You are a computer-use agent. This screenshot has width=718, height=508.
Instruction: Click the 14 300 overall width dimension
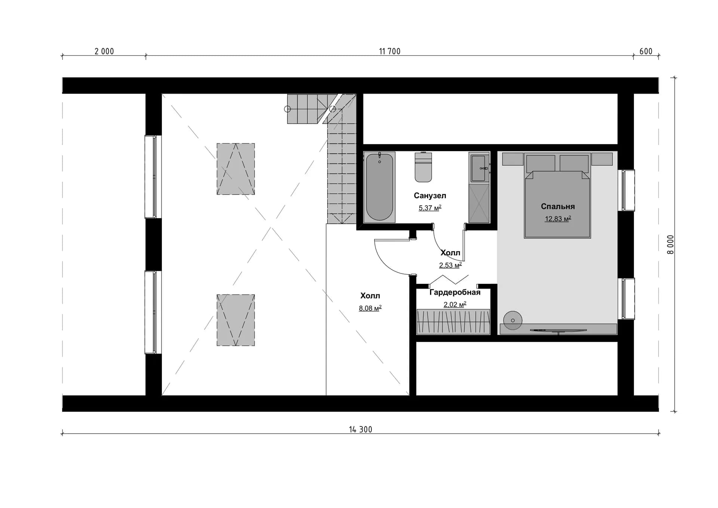point(360,429)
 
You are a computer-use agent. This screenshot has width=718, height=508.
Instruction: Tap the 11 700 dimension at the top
point(390,51)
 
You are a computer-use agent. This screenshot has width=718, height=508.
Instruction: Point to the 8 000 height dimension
point(671,245)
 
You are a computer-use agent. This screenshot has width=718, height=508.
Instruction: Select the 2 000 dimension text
point(104,51)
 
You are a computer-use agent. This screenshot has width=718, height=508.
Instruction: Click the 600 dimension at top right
point(646,51)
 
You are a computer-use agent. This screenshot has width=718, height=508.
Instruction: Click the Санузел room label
point(430,195)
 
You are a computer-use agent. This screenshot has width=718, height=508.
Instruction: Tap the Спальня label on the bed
point(558,206)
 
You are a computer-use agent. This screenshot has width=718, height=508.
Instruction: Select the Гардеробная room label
point(455,292)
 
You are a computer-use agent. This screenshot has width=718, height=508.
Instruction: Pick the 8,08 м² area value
point(370,308)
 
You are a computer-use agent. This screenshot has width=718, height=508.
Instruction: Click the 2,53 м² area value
point(450,265)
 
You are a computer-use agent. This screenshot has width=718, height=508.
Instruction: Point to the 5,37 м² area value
point(430,208)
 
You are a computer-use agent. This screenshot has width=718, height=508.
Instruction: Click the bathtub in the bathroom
point(379,187)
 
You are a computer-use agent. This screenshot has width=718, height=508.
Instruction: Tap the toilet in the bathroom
point(423,167)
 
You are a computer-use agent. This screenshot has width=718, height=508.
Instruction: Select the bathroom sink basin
point(479,168)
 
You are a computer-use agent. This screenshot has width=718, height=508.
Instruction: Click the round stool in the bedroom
point(513,321)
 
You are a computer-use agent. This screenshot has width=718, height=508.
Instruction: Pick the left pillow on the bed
point(541,163)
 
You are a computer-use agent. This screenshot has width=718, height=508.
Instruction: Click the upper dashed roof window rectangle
point(236,169)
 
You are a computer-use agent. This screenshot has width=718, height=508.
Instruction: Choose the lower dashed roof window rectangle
point(236,320)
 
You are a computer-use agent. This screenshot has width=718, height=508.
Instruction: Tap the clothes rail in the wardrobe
point(453,321)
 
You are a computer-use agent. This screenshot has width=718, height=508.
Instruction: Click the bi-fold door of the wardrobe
point(449,279)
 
